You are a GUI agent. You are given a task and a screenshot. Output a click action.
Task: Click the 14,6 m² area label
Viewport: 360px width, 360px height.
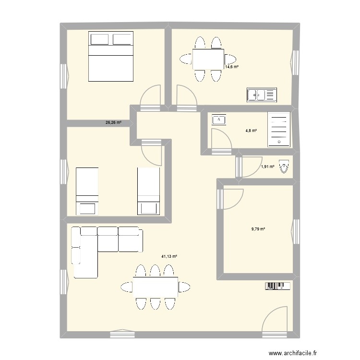point(232,67)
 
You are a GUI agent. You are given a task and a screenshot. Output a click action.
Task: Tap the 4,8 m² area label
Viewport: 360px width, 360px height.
point(252,130)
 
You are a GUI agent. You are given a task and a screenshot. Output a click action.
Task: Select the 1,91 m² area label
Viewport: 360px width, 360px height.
point(267,167)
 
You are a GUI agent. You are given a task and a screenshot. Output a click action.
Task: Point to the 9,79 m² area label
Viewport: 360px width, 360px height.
point(258,229)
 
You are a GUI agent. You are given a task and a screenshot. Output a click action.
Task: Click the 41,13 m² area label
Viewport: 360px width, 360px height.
point(169,256)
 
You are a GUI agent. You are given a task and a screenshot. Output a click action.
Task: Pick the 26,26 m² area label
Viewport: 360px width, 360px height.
point(113,122)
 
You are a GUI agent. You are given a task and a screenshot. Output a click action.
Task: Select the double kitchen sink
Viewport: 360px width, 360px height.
point(262,95)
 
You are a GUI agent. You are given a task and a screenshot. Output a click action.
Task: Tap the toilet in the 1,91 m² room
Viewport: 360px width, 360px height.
point(285,167)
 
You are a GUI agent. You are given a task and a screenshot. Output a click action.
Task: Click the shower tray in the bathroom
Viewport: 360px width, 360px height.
point(278,129)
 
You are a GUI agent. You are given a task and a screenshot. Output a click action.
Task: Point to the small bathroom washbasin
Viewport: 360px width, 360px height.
point(219,119)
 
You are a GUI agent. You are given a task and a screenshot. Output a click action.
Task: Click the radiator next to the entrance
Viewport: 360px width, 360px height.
point(277,286)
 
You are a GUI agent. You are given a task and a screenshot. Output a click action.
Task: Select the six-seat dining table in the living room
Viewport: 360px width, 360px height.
point(155,287)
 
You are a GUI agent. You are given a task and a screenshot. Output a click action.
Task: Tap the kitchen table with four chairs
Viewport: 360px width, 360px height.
point(208,60)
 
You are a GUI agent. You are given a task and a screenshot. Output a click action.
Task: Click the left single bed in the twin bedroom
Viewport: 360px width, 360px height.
point(87,191)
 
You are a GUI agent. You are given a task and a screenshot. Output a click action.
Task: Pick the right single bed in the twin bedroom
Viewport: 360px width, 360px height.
point(148,191)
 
